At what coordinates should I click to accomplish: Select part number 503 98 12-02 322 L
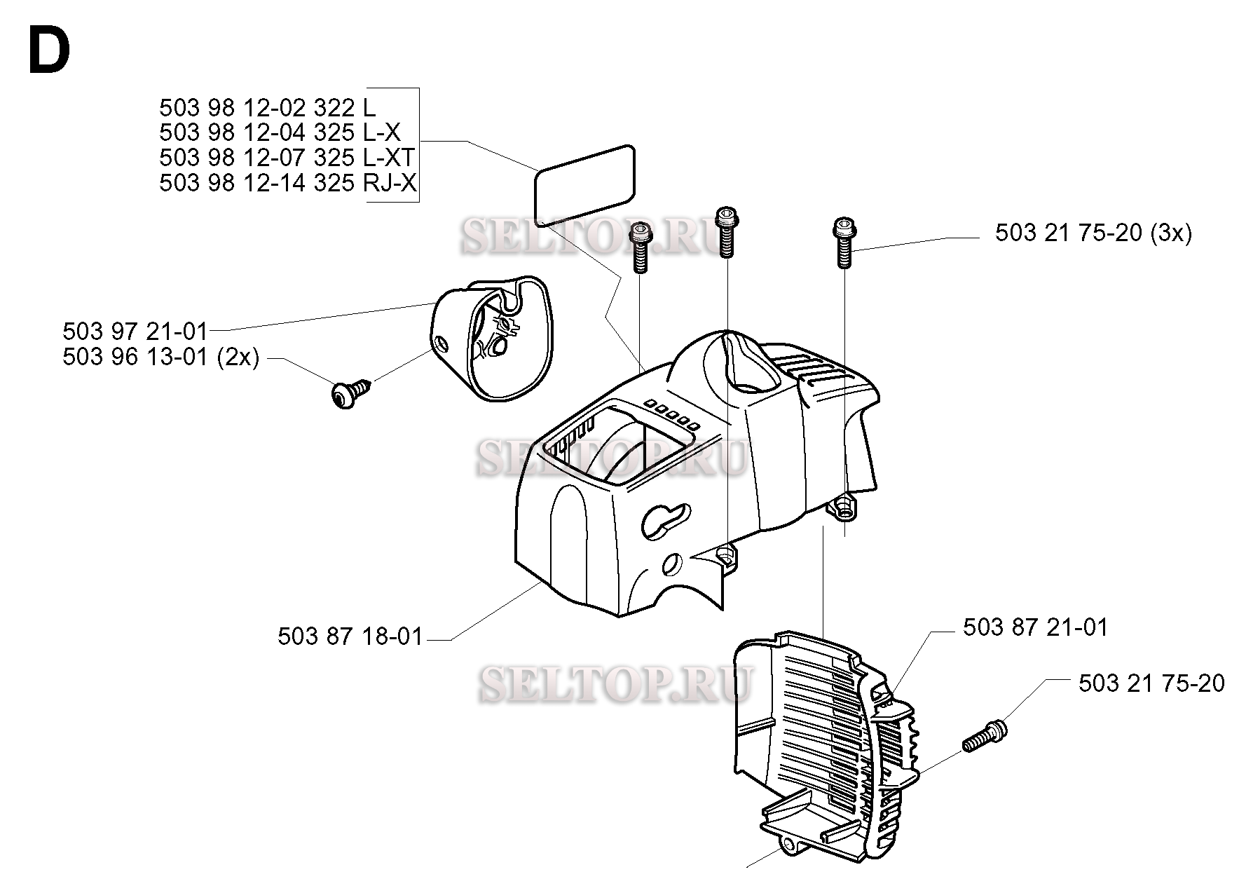pyautogui.click(x=268, y=108)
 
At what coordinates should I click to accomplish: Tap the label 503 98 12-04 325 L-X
pyautogui.click(x=280, y=132)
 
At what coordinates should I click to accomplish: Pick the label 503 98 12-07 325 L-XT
pyautogui.click(x=287, y=158)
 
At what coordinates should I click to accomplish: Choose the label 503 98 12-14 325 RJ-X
pyautogui.click(x=288, y=183)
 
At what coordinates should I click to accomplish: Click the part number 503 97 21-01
pyautogui.click(x=135, y=331)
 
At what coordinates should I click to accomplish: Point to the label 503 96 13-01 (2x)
pyautogui.click(x=161, y=357)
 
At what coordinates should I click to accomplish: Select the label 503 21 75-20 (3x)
pyautogui.click(x=1093, y=233)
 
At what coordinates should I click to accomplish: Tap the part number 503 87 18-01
pyautogui.click(x=350, y=636)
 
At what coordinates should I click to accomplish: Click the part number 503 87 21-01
pyautogui.click(x=1036, y=627)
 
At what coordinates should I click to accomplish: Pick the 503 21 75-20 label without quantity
pyautogui.click(x=1151, y=683)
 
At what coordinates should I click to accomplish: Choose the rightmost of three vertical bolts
pyautogui.click(x=844, y=244)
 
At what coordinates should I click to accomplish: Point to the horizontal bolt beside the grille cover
pyautogui.click(x=985, y=736)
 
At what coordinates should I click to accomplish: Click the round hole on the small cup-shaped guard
pyautogui.click(x=442, y=343)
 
